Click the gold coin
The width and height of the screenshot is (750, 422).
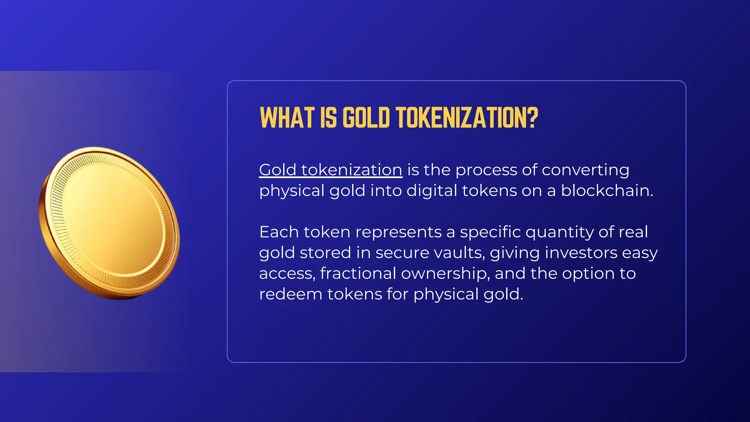[109, 223]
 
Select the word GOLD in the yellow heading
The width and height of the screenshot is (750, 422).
[366, 118]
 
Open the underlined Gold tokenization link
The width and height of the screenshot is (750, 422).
[330, 170]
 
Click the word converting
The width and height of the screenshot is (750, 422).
[585, 170]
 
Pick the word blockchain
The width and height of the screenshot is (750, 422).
[606, 190]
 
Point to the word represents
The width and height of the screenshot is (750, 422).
[398, 232]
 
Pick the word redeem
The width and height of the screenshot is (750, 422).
[290, 294]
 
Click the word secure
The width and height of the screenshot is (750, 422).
[402, 253]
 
